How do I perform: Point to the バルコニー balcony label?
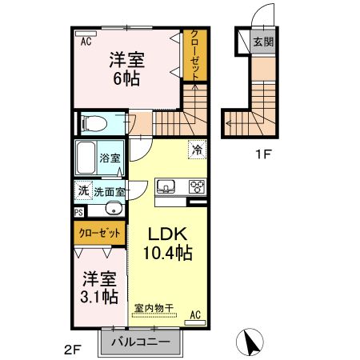140,342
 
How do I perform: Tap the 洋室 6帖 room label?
126,69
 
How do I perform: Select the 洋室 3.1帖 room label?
101,287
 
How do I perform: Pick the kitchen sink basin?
167,187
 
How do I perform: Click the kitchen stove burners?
196,187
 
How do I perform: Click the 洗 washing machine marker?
83,191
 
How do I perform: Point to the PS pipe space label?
78,213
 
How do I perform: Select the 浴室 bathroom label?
110,158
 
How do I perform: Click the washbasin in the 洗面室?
112,210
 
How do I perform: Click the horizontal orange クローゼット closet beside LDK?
101,234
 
